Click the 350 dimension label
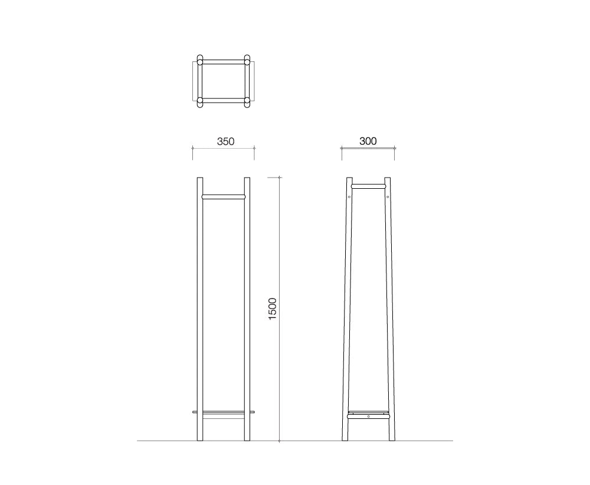pyautogui.click(x=225, y=142)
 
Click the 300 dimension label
pyautogui.click(x=368, y=141)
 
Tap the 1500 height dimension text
pyautogui.click(x=273, y=309)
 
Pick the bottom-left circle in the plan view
pyautogui.click(x=200, y=102)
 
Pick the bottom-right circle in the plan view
pyautogui.click(x=247, y=102)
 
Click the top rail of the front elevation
pyautogui.click(x=224, y=196)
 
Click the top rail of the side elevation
pyautogui.click(x=368, y=186)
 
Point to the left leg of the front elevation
pyautogui.click(x=200, y=309)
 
